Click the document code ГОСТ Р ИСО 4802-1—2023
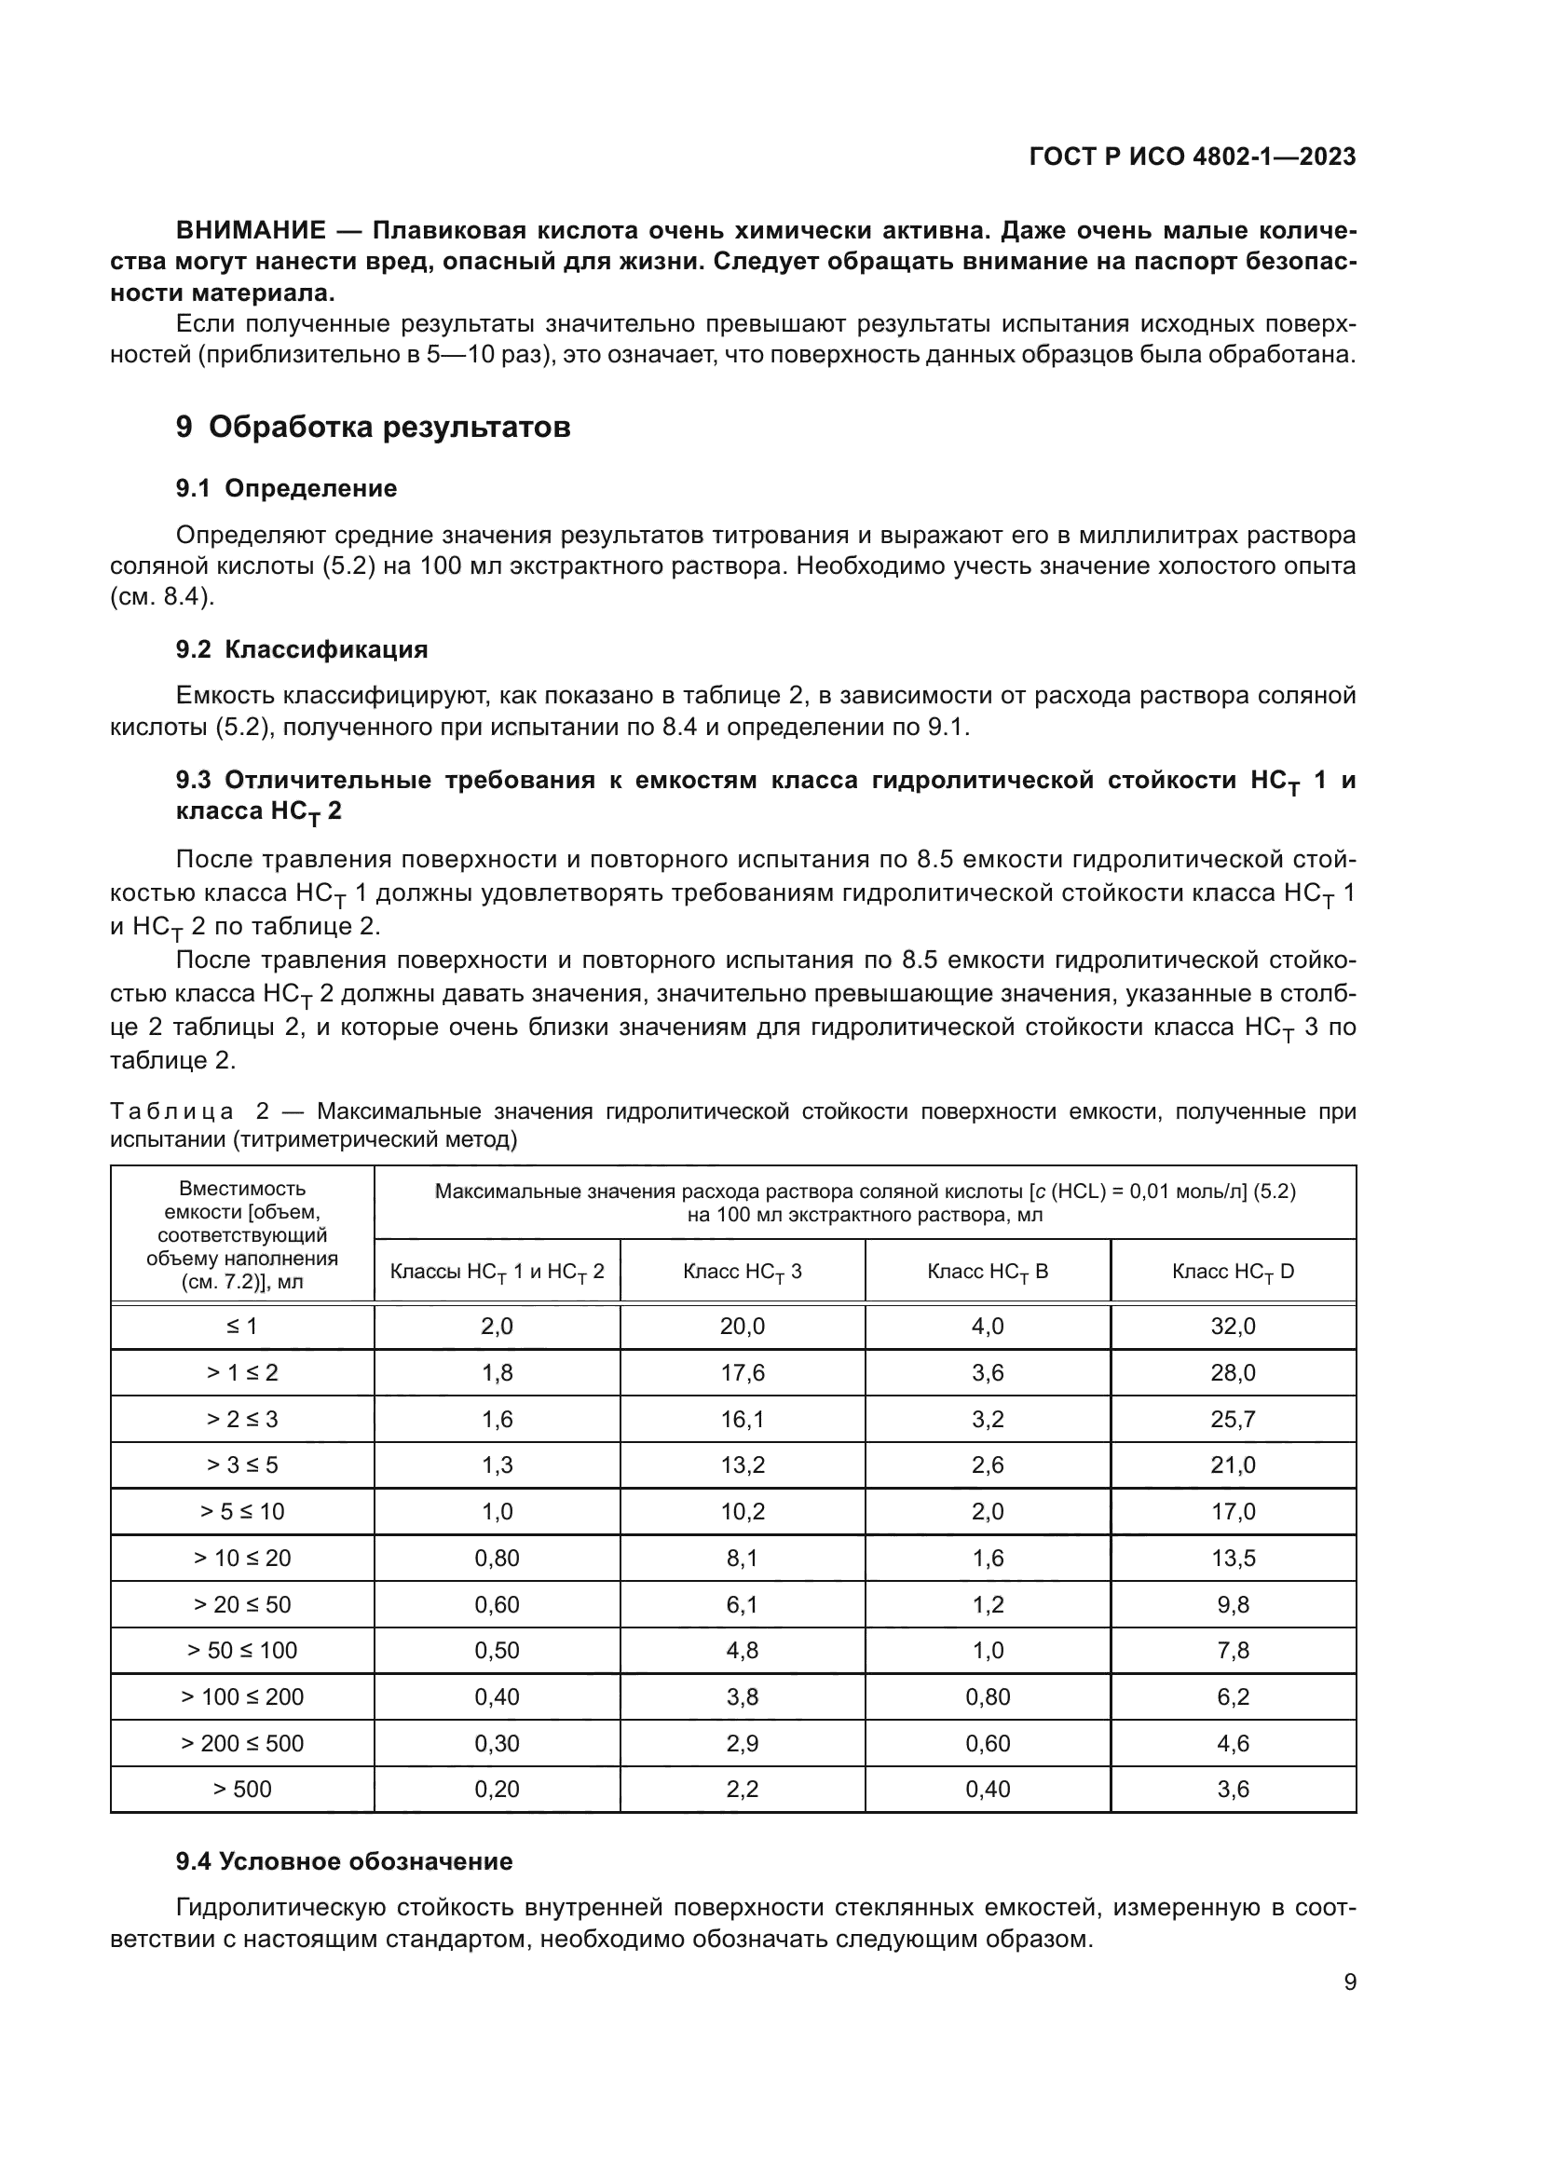[x=1192, y=157]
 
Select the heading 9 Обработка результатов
[x=373, y=427]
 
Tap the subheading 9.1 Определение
[x=286, y=489]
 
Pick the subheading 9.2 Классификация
[x=302, y=649]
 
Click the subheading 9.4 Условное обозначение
[x=344, y=1861]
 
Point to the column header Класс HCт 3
[x=742, y=1272]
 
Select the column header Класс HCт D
[x=1233, y=1272]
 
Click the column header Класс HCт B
[x=987, y=1272]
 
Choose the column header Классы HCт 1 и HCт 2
[x=497, y=1272]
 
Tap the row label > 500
[x=242, y=1789]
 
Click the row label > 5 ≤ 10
[x=242, y=1511]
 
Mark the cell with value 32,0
[x=1233, y=1327]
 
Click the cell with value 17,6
[x=742, y=1372]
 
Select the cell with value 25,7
[x=1233, y=1419]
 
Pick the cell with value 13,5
[x=1233, y=1558]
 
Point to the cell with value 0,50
[x=497, y=1651]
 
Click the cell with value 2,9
[x=742, y=1742]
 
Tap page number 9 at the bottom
[x=1349, y=1982]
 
